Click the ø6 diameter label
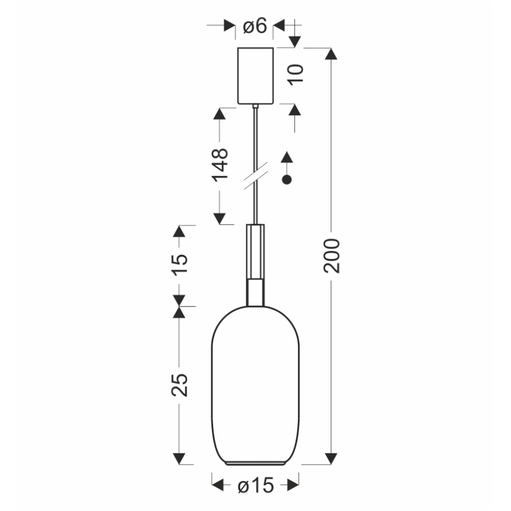[255, 26]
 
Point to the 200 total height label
[331, 255]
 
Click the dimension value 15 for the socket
[180, 266]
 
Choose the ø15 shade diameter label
[255, 485]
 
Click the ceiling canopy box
[255, 75]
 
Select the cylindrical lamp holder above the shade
[255, 265]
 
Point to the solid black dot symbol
[287, 180]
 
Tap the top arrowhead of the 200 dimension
[331, 54]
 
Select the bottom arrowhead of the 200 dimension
[331, 458]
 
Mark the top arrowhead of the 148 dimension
[220, 114]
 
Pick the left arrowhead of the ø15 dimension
[218, 485]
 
